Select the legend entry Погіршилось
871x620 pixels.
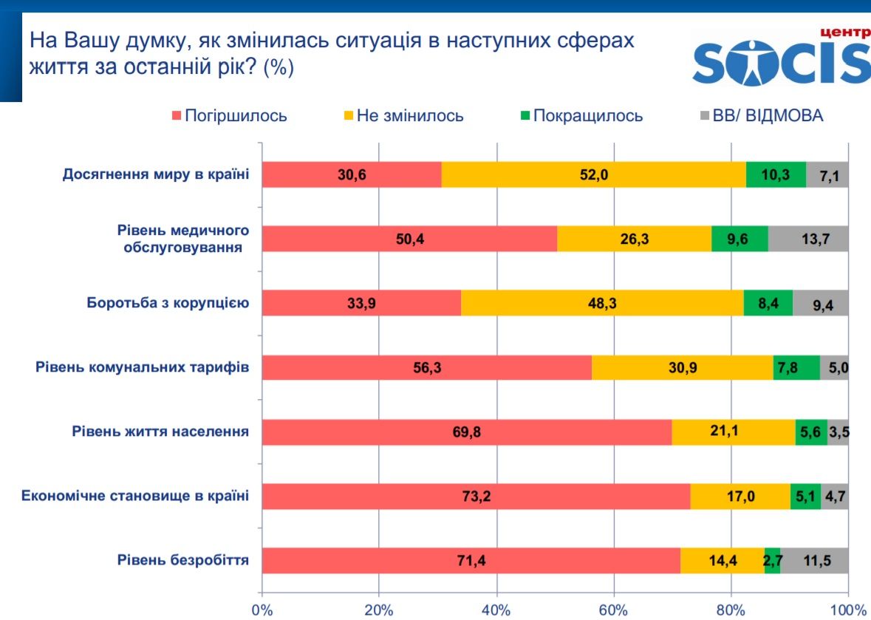point(229,116)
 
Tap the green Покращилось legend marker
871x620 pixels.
point(525,116)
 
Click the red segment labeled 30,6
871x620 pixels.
point(352,174)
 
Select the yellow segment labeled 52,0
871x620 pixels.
point(593,174)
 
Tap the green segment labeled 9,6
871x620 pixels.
point(739,239)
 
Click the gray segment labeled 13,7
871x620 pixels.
point(808,239)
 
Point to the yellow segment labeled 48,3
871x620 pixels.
point(602,303)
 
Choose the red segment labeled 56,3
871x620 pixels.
point(427,367)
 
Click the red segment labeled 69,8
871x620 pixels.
point(466,432)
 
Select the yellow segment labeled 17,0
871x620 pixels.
point(740,496)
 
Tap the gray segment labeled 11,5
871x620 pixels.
point(814,561)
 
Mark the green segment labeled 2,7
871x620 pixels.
point(773,561)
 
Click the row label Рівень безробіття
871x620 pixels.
point(182,561)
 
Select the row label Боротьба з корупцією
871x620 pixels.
point(168,303)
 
